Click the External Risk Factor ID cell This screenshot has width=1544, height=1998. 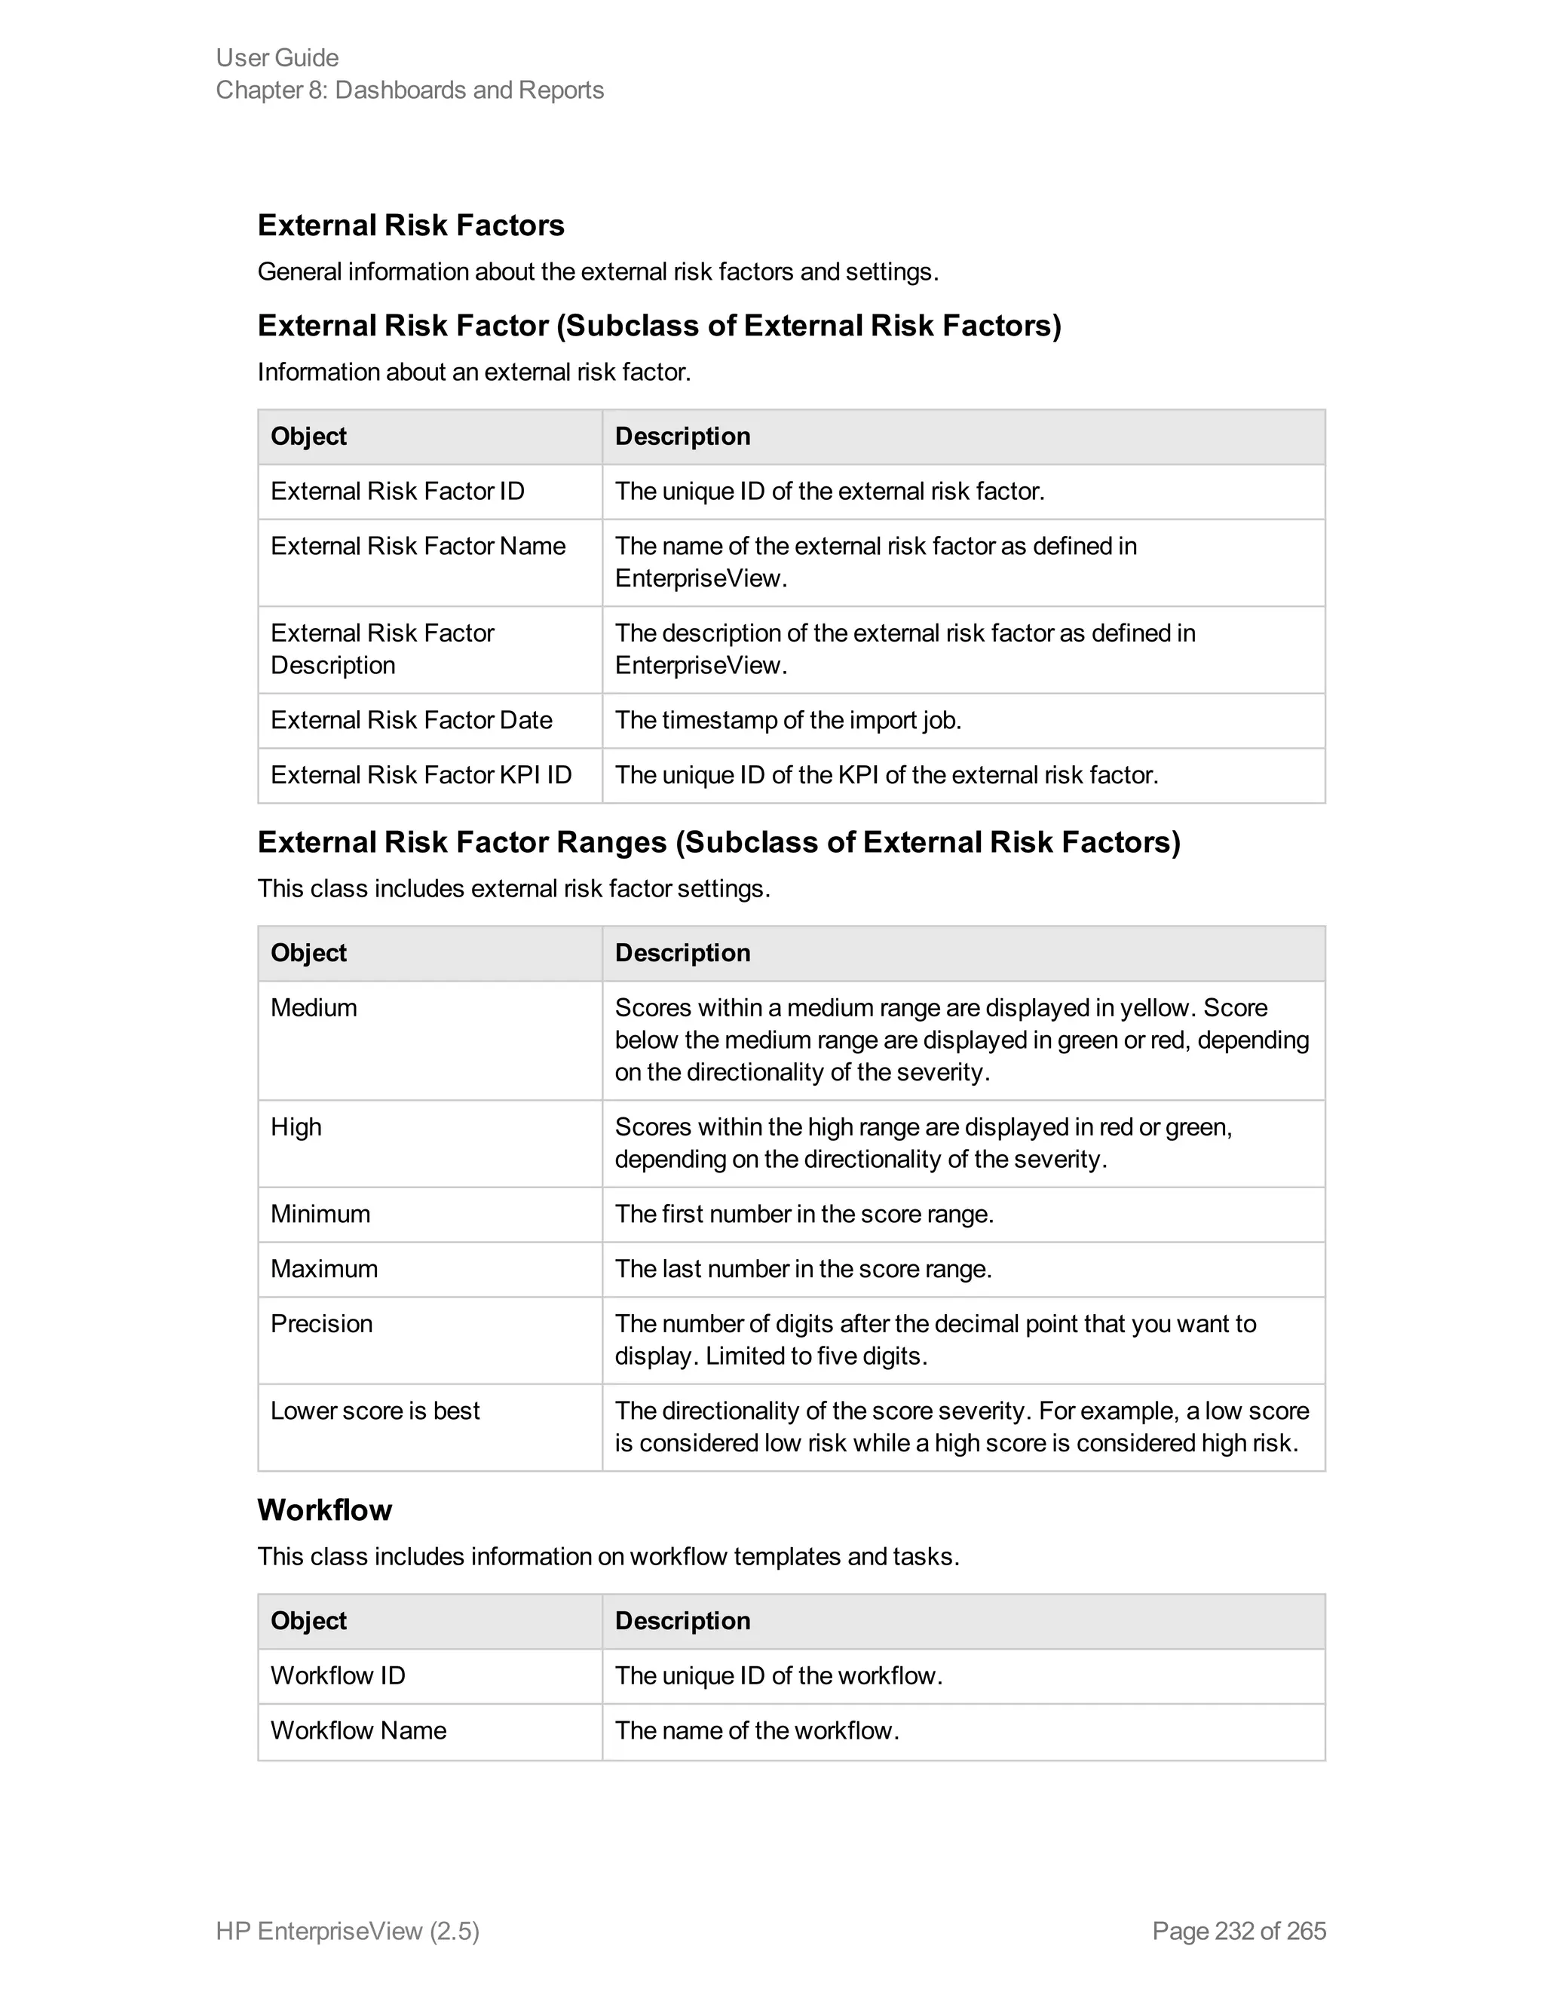397,492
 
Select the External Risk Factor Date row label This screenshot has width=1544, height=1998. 411,720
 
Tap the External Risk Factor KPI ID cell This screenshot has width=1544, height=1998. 421,775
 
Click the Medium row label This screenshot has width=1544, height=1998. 314,1007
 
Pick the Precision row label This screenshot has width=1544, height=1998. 321,1324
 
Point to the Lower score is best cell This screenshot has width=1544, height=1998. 375,1411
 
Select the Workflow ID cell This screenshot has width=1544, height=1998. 338,1675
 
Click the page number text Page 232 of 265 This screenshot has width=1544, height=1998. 1239,1930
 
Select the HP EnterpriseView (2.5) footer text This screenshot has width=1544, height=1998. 348,1930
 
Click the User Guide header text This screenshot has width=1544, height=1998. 277,57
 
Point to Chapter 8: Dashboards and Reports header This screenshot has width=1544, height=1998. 410,90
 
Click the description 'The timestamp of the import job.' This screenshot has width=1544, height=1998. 788,720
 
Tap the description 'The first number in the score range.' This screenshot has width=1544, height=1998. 804,1214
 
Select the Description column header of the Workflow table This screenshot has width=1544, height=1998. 682,1620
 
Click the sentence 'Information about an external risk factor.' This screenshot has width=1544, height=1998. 473,372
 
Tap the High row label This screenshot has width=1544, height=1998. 296,1127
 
